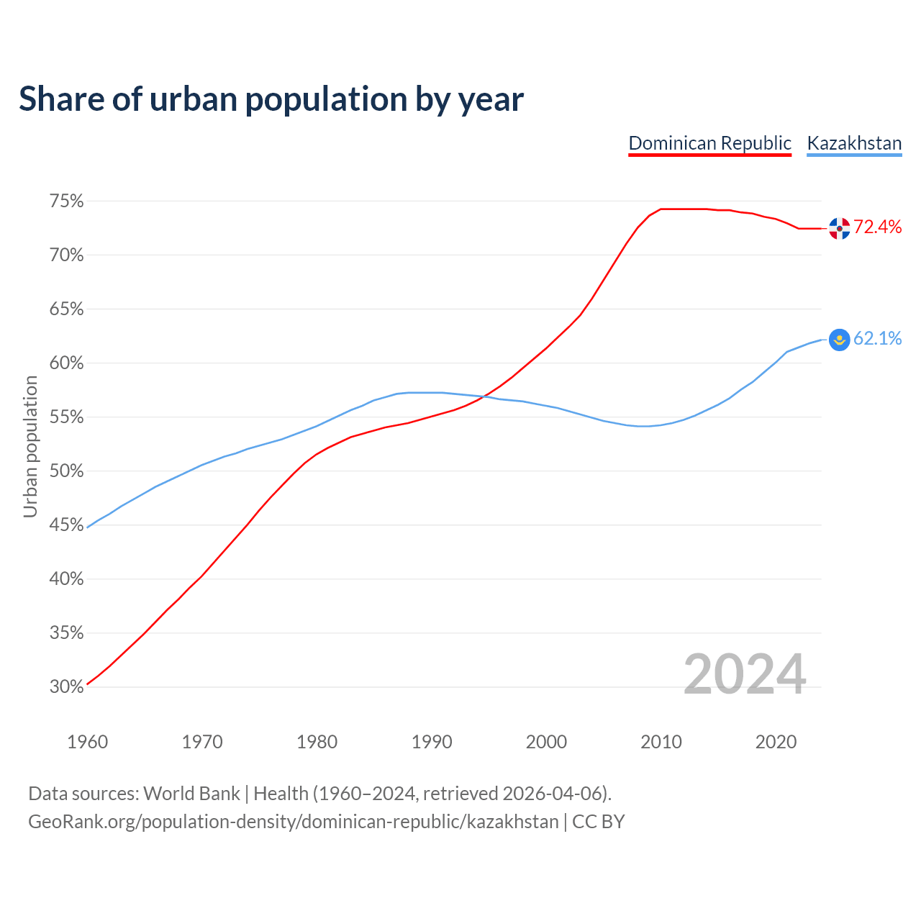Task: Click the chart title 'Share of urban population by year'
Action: (x=271, y=99)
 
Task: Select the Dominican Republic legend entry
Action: (x=709, y=143)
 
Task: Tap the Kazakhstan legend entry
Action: (x=854, y=143)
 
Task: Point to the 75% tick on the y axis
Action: (x=66, y=201)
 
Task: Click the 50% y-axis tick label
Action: (x=66, y=471)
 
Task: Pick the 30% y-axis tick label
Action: (x=66, y=687)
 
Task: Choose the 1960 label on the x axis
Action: (x=87, y=742)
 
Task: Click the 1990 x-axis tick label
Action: (x=432, y=742)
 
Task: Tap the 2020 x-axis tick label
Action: (x=776, y=742)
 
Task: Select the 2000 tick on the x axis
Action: (x=546, y=742)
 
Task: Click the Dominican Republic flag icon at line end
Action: (x=839, y=228)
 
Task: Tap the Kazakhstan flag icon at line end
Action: (x=839, y=339)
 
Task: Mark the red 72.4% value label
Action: (x=878, y=227)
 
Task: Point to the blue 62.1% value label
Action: (x=878, y=339)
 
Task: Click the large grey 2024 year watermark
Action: (x=745, y=674)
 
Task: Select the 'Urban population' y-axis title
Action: (x=30, y=446)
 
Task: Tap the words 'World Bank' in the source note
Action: (x=191, y=794)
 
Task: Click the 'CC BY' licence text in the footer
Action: (x=599, y=822)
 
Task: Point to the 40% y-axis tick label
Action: (x=66, y=579)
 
